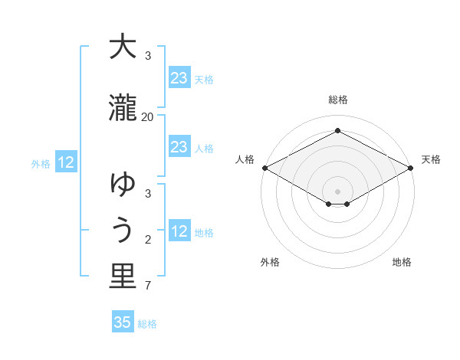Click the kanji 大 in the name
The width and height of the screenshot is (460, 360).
click(x=122, y=47)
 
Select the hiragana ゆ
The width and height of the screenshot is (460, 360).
click(x=122, y=184)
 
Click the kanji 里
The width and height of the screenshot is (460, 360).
click(x=122, y=277)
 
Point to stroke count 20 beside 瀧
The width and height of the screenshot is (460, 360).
click(x=148, y=116)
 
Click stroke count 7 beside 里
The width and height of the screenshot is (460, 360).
click(x=148, y=286)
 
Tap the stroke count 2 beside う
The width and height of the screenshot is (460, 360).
click(x=148, y=241)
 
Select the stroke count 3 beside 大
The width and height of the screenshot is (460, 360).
click(x=148, y=56)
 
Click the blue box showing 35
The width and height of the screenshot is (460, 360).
click(x=123, y=322)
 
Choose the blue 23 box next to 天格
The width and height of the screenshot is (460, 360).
click(x=179, y=78)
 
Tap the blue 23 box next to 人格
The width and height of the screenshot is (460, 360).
click(x=179, y=147)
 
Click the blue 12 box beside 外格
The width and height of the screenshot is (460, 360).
click(x=66, y=162)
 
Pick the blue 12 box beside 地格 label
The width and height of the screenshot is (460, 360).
click(x=179, y=231)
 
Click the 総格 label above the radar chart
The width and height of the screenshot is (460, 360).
click(x=337, y=100)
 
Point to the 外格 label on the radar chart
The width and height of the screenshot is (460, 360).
click(x=270, y=262)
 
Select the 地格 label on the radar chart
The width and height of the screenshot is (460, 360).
click(x=402, y=262)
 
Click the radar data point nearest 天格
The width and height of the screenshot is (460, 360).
click(x=412, y=168)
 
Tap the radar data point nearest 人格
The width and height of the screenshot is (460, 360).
click(x=264, y=168)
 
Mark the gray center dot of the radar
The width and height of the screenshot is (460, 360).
click(x=337, y=191)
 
